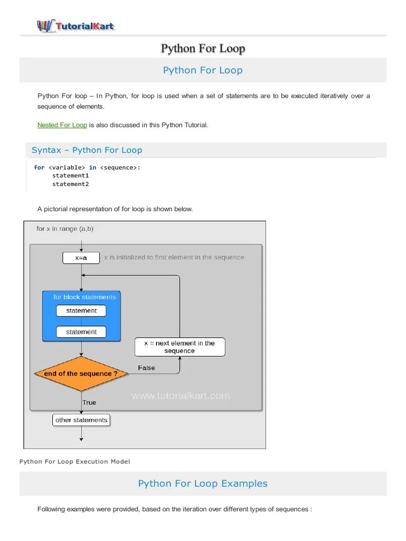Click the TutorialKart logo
(x=75, y=25)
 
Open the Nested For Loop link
(x=62, y=125)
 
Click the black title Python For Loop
(x=203, y=49)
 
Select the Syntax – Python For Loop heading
(x=87, y=150)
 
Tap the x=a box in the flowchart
(x=81, y=258)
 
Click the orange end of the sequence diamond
(x=81, y=374)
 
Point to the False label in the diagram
(x=146, y=368)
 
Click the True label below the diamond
(x=89, y=403)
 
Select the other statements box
(x=81, y=420)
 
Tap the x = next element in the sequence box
(x=180, y=347)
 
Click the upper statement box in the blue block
(x=81, y=311)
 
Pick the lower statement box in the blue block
(x=81, y=332)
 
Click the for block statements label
(x=85, y=297)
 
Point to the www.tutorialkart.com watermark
(x=180, y=395)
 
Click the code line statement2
(x=70, y=184)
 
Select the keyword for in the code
(x=39, y=167)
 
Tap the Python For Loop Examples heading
(x=203, y=483)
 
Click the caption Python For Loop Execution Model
(x=75, y=461)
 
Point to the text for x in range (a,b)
(x=65, y=229)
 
